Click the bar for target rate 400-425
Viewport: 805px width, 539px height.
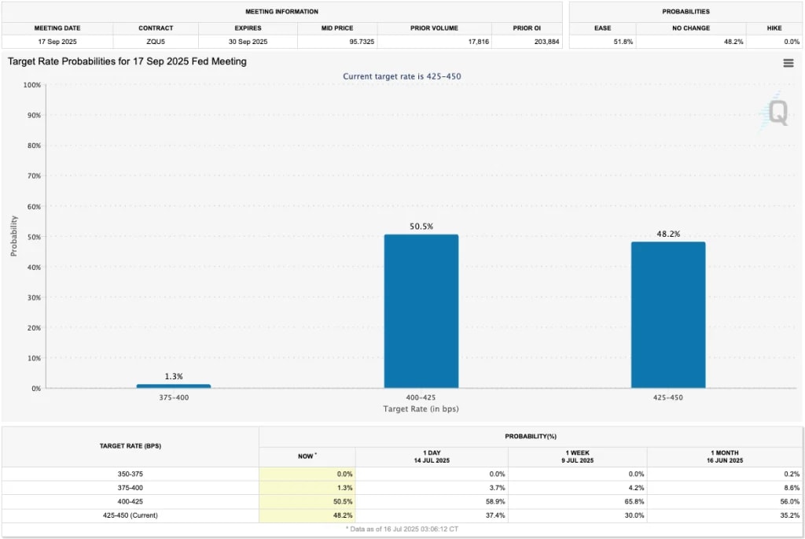pos(421,311)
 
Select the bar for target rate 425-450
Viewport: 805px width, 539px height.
pos(668,315)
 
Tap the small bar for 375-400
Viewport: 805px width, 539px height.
pos(173,386)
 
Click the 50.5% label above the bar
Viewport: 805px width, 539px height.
pos(421,227)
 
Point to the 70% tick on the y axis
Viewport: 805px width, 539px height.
pos(34,175)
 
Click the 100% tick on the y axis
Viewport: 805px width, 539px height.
pos(32,84)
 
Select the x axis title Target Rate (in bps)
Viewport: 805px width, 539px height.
pos(421,409)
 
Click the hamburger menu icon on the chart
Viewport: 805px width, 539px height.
pos(788,64)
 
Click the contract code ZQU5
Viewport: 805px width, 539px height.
pos(156,41)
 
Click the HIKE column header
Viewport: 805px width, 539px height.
pos(774,28)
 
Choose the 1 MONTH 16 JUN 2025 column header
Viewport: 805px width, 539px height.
pos(726,456)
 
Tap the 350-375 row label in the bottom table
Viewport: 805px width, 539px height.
pos(130,474)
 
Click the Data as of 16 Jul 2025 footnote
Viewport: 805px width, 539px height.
pos(402,530)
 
